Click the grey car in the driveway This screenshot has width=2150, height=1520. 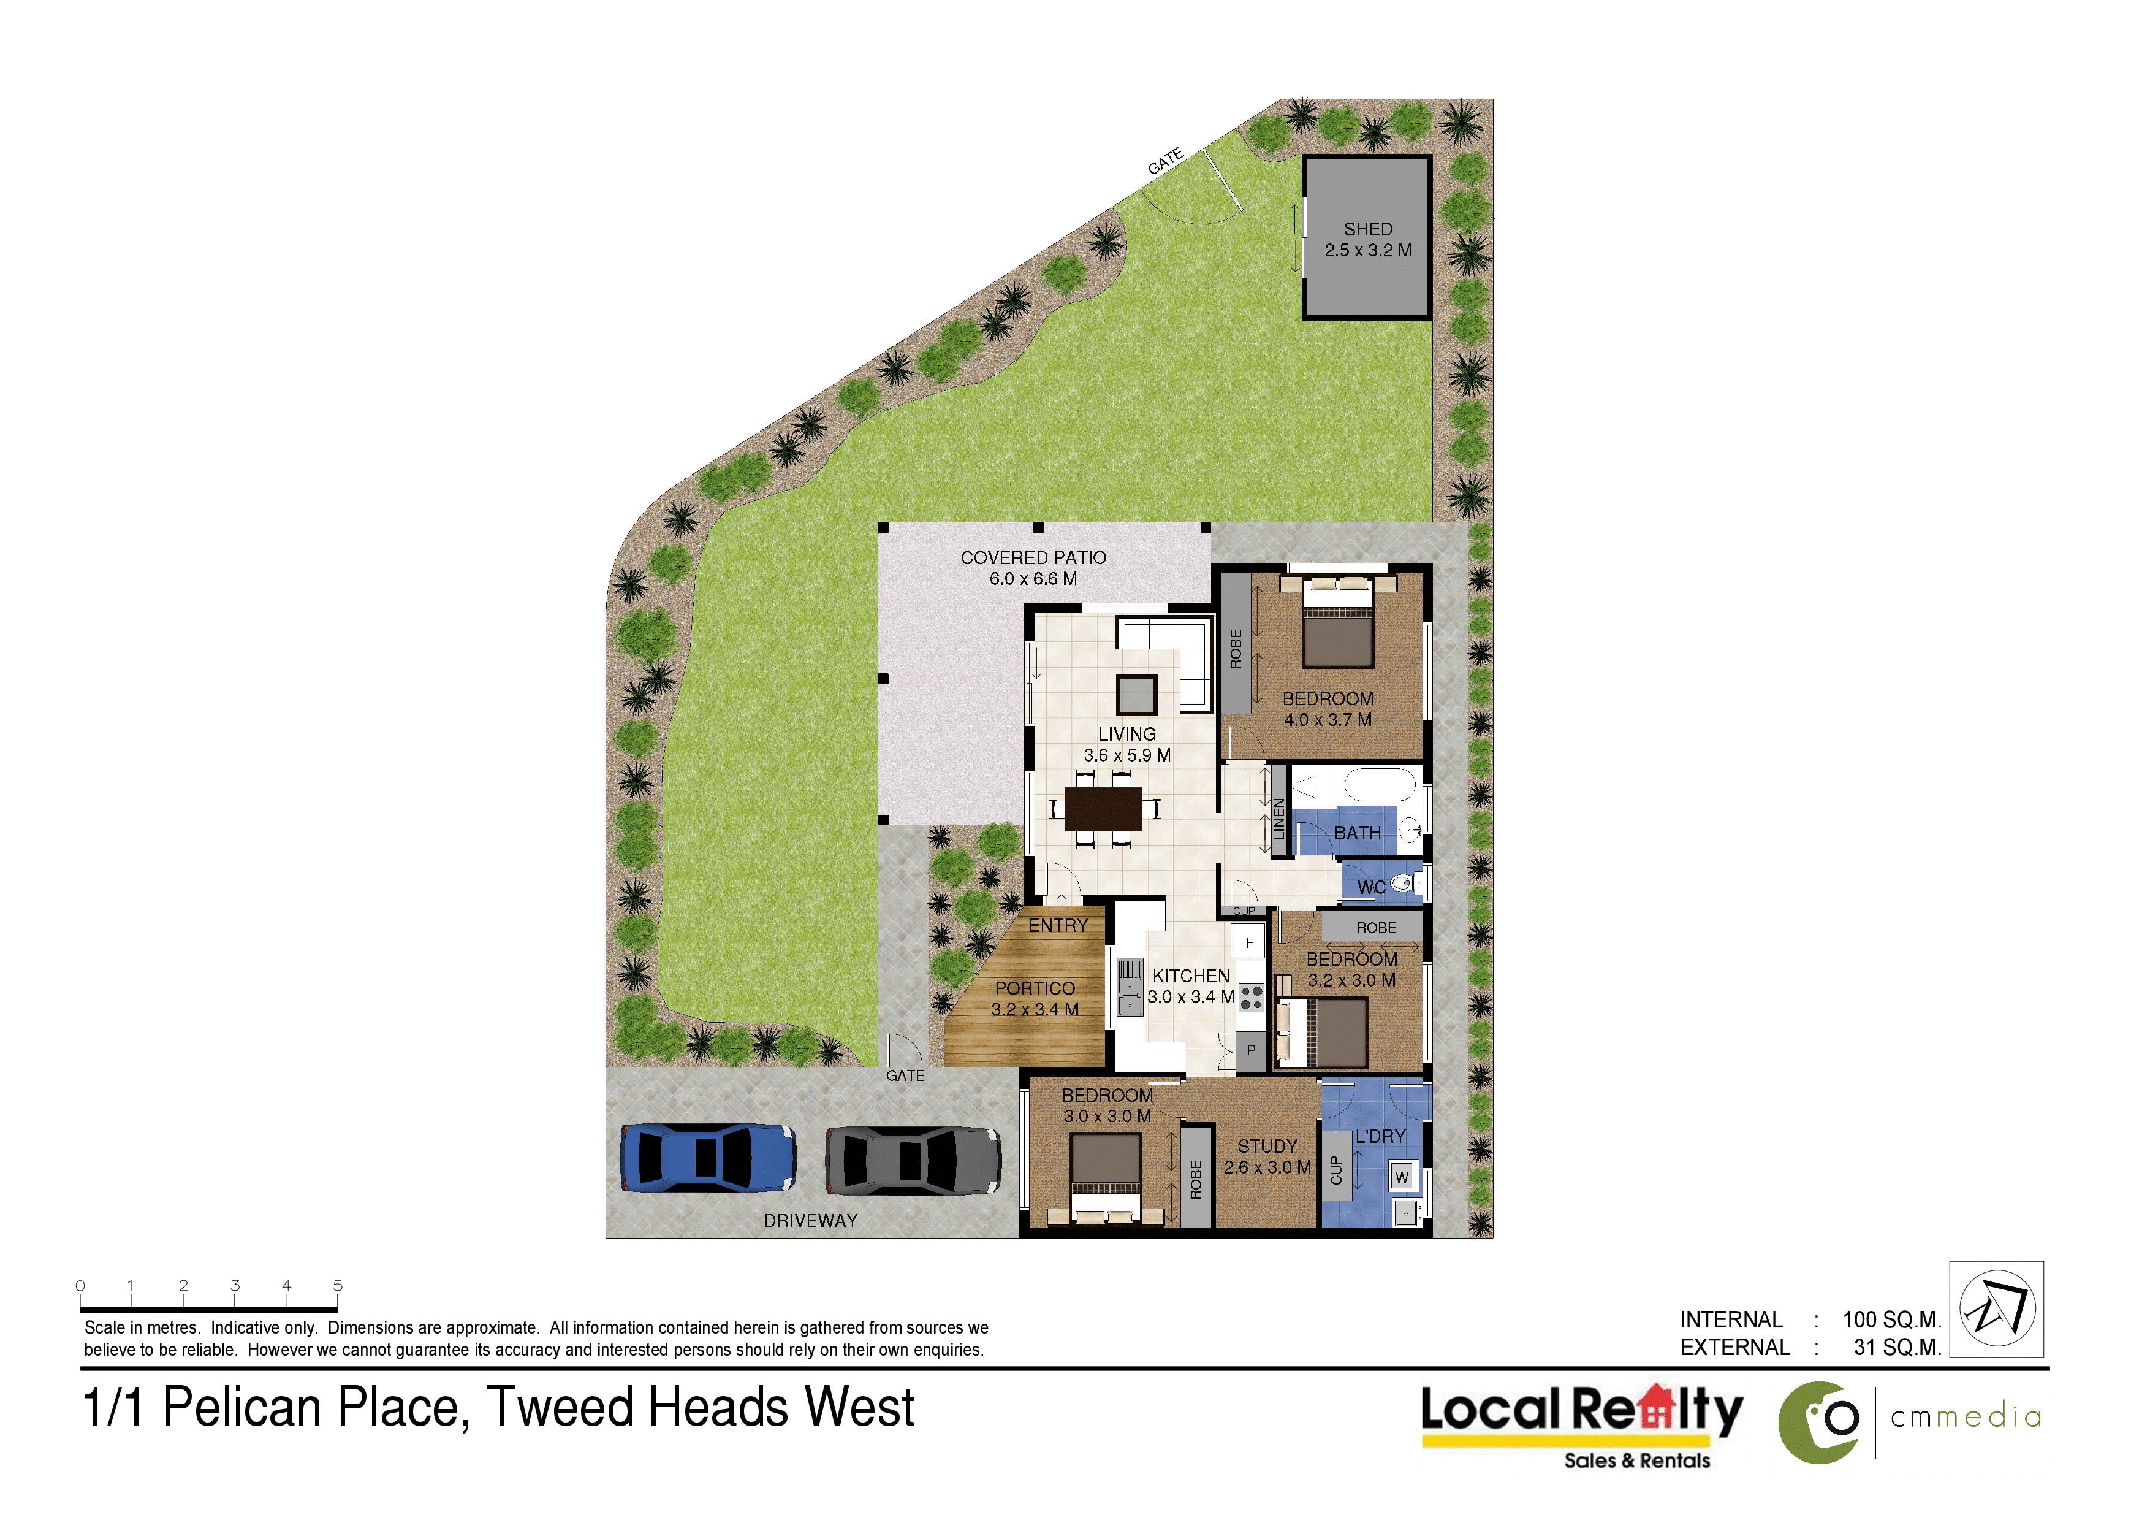coord(913,1160)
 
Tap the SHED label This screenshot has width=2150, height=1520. coord(1368,229)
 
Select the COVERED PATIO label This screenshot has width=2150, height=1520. coord(1033,557)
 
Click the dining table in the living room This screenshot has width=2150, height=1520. coord(1103,808)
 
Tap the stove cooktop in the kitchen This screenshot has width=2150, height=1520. coord(1251,998)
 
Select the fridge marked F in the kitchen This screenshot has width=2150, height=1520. coord(1249,943)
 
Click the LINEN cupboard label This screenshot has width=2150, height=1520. coord(1278,819)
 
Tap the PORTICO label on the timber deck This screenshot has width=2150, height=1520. coord(1035,988)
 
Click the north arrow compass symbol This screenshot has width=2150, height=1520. coord(1997,1308)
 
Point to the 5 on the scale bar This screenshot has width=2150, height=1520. coord(338,1286)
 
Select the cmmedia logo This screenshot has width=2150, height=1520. coord(1910,1422)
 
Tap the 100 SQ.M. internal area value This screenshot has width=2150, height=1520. coord(1891,1319)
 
